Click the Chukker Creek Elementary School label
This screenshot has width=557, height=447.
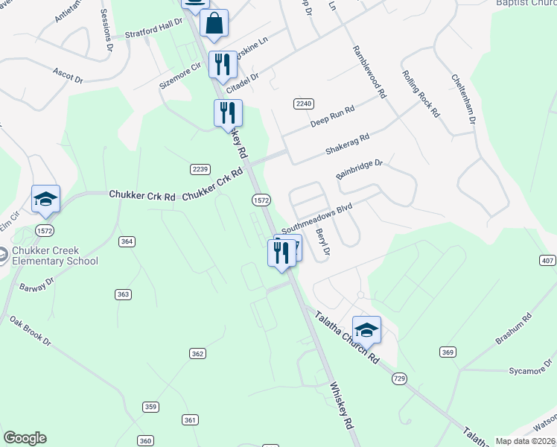point(55,255)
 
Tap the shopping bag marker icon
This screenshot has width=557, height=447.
point(214,23)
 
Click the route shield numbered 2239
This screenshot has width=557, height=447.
point(200,168)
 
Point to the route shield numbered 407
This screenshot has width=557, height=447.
point(547,260)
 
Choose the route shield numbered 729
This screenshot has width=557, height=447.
point(400,379)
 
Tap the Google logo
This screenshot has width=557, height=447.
point(25,438)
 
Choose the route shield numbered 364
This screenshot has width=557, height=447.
point(127,241)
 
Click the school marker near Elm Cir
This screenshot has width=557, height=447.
point(45,199)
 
